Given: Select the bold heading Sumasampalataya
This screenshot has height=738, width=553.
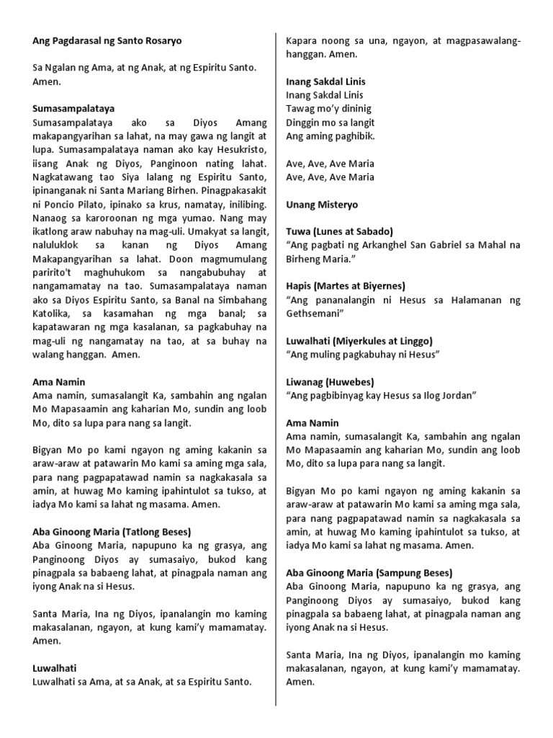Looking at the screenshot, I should [x=73, y=108].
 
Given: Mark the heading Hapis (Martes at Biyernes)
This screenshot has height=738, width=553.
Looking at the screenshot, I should [x=346, y=285].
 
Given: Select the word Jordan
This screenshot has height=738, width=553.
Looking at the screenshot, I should [x=459, y=395].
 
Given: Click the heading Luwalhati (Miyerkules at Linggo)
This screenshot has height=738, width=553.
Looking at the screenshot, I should [x=359, y=340].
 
